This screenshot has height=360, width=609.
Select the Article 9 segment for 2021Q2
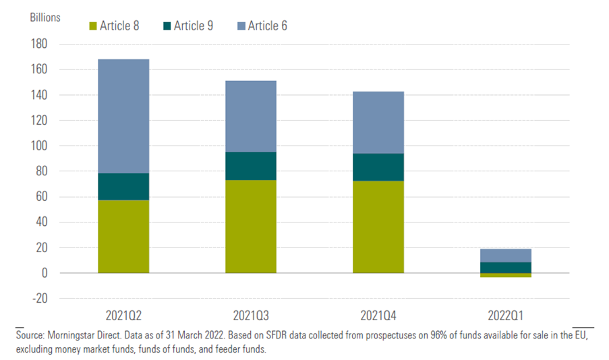(123, 187)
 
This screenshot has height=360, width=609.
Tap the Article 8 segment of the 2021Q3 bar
(251, 227)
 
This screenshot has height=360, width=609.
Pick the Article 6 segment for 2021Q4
(378, 123)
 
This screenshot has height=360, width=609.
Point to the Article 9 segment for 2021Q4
(378, 167)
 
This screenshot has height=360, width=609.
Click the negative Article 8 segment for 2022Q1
(506, 275)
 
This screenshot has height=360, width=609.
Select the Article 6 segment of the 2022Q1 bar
(506, 256)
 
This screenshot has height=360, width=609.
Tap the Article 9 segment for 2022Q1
(506, 268)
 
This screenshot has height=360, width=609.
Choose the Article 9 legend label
(194, 26)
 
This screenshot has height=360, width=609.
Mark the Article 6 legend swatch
(240, 26)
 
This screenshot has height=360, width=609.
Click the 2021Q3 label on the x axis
(251, 315)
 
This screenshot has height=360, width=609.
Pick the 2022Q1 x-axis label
(506, 315)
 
